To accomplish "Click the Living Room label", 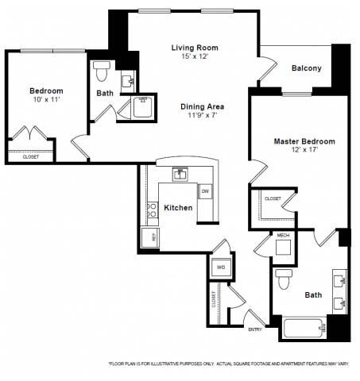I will click(x=195, y=48).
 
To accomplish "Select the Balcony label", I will click(x=306, y=68).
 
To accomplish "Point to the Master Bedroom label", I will click(x=304, y=141).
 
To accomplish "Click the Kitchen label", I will click(x=178, y=208).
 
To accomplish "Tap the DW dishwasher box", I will click(x=205, y=192).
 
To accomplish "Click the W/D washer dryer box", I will click(x=220, y=268).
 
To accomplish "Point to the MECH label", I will click(x=283, y=236).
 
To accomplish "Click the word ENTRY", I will click(x=255, y=329).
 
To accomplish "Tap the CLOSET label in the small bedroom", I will click(x=30, y=157).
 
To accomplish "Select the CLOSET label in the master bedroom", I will click(x=273, y=198).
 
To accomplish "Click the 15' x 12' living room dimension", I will click(x=195, y=57).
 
